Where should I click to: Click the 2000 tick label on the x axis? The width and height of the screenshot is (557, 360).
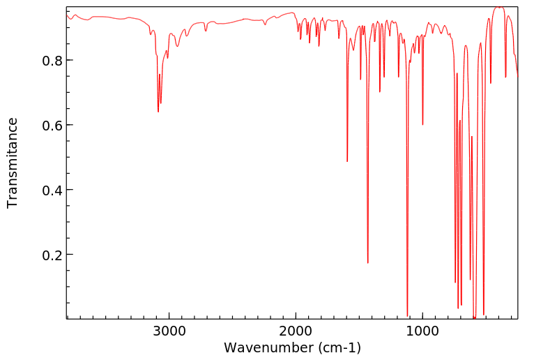click(296, 330)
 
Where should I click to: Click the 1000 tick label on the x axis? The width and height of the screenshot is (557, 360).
click(422, 330)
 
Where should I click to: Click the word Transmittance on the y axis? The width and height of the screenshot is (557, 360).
click(13, 163)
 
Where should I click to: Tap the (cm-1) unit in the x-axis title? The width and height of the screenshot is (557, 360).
click(337, 347)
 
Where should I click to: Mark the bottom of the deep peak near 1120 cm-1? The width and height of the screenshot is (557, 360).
click(407, 315)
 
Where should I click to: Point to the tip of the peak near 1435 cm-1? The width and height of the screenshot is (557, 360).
click(367, 263)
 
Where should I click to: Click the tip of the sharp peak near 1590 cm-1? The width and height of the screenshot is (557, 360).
click(347, 162)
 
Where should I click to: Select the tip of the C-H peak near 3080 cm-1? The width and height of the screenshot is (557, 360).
click(158, 112)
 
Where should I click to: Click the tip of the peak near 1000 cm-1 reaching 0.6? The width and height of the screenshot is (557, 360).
click(422, 125)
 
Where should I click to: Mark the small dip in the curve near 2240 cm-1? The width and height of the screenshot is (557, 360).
click(266, 25)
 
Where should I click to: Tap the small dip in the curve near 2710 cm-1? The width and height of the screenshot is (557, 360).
click(206, 31)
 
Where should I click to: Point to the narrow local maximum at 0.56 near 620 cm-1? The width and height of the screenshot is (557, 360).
click(472, 137)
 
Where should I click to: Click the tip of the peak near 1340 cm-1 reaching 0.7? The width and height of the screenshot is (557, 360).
click(380, 92)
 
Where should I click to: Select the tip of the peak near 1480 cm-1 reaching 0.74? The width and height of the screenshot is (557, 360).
click(360, 80)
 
